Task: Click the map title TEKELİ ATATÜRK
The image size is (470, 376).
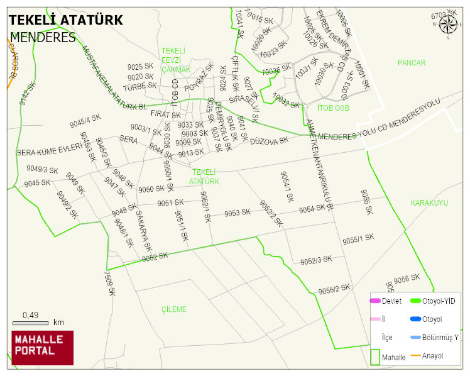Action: [x=66, y=20]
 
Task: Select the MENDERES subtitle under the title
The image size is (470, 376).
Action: [x=43, y=37]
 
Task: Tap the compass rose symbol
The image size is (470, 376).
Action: [x=448, y=25]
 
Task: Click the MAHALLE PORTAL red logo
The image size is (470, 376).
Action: [x=42, y=347]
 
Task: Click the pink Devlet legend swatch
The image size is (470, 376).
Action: [x=376, y=301]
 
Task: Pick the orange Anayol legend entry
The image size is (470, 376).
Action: [x=416, y=356]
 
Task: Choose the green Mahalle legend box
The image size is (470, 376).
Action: [x=375, y=356]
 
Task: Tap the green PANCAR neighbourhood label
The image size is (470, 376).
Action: [x=412, y=63]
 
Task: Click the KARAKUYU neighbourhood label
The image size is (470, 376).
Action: [x=429, y=203]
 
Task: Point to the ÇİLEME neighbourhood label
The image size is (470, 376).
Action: [x=174, y=309]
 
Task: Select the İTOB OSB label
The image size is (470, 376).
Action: [x=333, y=108]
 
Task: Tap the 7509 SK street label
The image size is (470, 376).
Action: [x=109, y=282]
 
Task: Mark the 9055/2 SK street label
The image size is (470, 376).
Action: [x=334, y=289]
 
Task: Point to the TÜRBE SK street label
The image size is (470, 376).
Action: [x=139, y=87]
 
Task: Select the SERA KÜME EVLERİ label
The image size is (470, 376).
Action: [x=50, y=151]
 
